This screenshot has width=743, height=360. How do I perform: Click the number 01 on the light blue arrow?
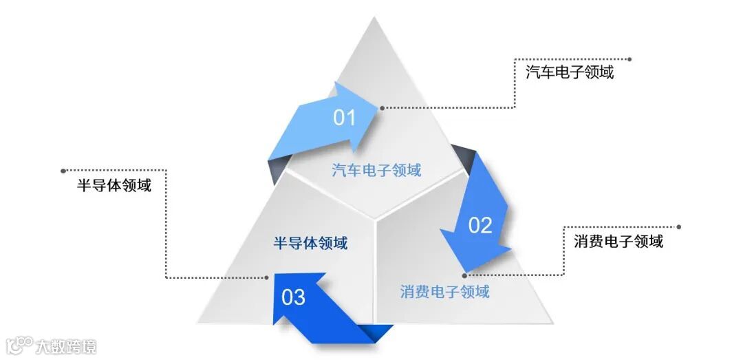click(344, 118)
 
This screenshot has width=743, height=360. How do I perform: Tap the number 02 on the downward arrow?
click(480, 225)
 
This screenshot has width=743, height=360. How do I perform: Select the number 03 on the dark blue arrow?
click(293, 297)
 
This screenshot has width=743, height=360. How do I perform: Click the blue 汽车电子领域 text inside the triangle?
click(376, 170)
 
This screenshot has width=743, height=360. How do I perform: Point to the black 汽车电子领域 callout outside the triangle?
click(570, 72)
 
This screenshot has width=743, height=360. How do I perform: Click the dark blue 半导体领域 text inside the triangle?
click(310, 243)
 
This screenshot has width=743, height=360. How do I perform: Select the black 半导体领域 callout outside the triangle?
click(114, 185)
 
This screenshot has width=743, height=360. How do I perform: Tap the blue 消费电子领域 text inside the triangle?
click(444, 291)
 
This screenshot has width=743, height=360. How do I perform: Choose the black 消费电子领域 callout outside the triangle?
click(618, 241)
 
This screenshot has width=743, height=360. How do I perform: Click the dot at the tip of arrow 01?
click(382, 107)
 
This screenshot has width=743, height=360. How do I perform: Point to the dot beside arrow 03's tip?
click(267, 278)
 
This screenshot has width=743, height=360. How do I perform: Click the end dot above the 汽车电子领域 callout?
click(629, 59)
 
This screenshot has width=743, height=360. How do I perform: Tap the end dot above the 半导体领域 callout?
click(63, 170)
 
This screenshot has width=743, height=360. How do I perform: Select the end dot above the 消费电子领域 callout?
click(679, 226)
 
